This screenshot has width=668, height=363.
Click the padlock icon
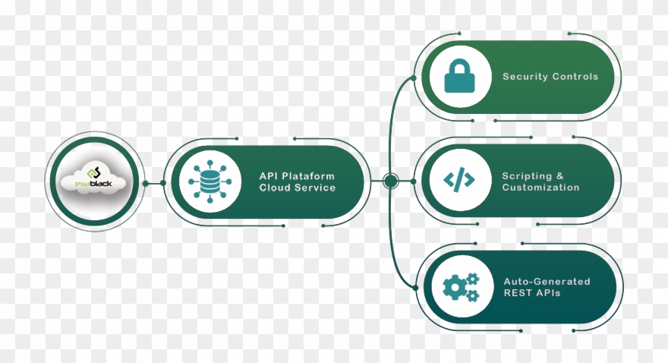(458, 77)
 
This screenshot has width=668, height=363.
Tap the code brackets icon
(458, 180)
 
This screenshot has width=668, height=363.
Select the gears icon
(460, 286)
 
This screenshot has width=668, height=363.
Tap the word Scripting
(528, 176)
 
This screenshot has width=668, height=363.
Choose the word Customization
(540, 188)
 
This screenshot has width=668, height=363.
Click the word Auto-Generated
(547, 282)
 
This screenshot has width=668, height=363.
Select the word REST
(518, 293)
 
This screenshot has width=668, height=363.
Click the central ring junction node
(391, 181)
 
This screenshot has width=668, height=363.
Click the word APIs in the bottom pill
(547, 293)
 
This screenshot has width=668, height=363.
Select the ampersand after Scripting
(561, 176)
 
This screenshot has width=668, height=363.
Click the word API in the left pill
(269, 176)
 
